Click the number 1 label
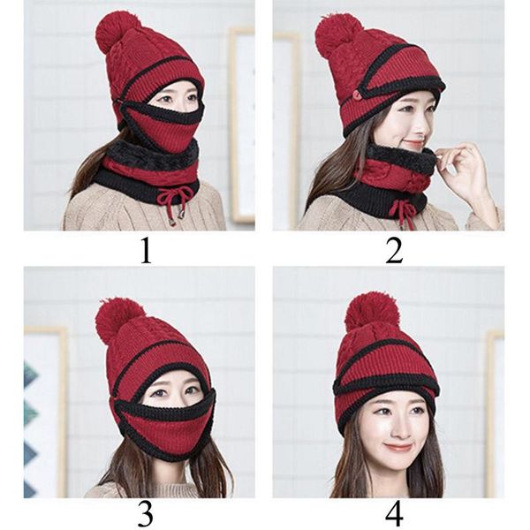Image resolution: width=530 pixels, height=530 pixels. click(146, 250)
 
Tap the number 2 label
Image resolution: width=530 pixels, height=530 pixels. click(394, 250)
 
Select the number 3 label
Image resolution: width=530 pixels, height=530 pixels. click(146, 515)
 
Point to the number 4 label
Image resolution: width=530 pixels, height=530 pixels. click(394, 515)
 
